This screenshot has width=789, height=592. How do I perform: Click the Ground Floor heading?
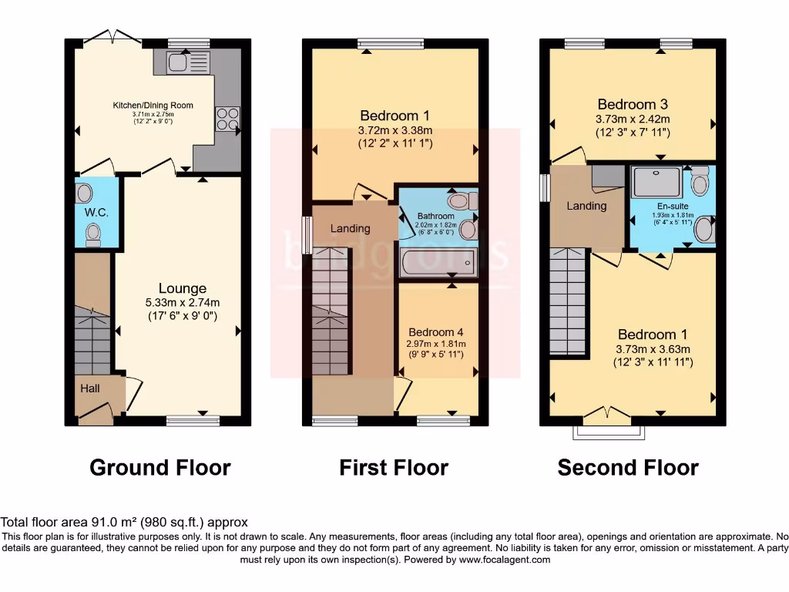point(160,467)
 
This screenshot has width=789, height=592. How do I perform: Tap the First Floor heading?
point(394,467)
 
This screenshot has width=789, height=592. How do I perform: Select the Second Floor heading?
point(628,467)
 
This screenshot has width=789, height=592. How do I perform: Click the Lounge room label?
point(183,288)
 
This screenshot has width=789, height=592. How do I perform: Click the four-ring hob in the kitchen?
point(227,119)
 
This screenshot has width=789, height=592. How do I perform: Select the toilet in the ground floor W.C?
point(92,233)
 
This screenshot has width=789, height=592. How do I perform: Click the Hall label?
point(90,388)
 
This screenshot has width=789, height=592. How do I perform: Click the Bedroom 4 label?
point(437,332)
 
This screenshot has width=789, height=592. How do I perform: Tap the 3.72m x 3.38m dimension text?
point(394,129)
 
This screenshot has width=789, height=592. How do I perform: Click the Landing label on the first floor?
point(350,228)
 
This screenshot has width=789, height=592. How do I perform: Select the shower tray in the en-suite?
point(656,183)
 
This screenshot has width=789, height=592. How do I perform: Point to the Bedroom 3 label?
point(633,104)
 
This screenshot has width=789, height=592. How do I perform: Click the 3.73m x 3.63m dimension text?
point(653,348)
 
